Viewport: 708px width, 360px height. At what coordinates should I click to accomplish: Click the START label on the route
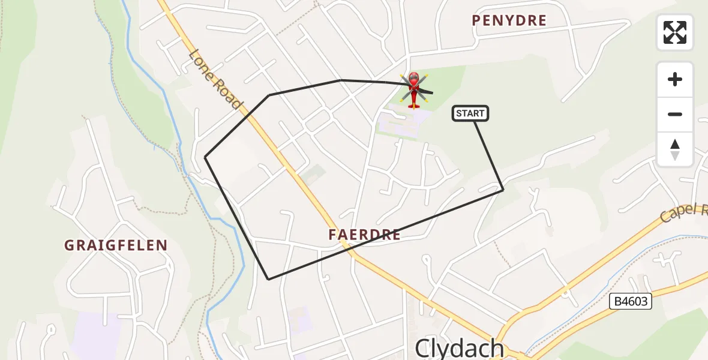[470, 113]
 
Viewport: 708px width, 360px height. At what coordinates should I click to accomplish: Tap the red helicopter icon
[414, 90]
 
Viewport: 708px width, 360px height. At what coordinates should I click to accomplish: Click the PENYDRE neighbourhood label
[509, 20]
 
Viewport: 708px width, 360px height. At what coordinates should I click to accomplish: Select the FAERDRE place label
[364, 235]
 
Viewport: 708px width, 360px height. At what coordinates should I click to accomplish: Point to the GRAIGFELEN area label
[116, 245]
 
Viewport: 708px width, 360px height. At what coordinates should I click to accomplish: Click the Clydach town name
[460, 348]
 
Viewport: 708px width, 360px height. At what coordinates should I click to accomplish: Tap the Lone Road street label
[215, 79]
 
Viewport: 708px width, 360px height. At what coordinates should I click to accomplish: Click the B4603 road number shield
[631, 301]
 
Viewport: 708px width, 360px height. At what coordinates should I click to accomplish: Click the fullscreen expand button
[675, 32]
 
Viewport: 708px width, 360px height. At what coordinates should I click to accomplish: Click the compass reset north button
[675, 149]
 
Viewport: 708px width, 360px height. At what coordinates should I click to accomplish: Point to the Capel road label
[684, 213]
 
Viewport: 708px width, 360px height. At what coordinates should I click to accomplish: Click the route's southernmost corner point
[268, 279]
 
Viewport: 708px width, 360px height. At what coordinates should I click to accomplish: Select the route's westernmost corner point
[205, 157]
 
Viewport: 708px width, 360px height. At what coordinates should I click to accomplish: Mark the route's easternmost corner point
[503, 190]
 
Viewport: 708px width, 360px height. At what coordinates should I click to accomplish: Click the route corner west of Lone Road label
[269, 95]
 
